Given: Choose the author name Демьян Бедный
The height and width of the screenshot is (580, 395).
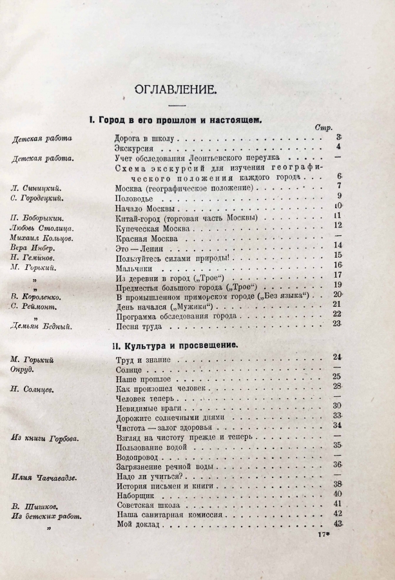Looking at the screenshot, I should click(x=42, y=327).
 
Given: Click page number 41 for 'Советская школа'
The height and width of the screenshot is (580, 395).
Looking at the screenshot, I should click(x=338, y=505).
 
